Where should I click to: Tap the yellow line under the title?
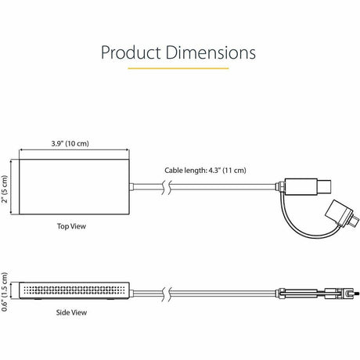[x=178, y=68]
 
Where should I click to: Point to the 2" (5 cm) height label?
[x=6, y=187]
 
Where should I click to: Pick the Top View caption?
[x=70, y=226]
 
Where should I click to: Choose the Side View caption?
[x=71, y=312]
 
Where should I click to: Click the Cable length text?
[x=187, y=170]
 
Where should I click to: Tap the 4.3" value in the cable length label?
[x=219, y=170]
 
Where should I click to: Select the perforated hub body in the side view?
[x=74, y=289]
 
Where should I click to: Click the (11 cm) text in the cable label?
[x=238, y=170]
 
